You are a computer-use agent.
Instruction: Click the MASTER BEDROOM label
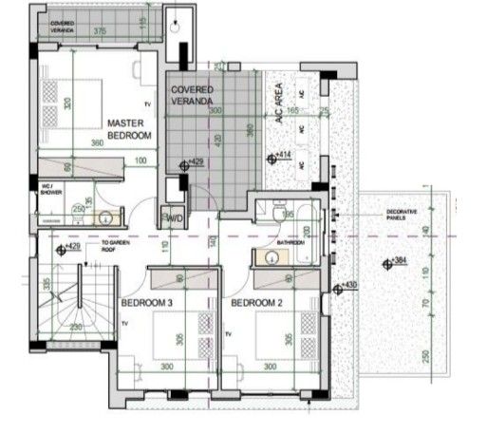[129, 129]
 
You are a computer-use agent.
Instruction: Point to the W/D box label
[174, 218]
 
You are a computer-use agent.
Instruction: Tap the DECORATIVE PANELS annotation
[402, 215]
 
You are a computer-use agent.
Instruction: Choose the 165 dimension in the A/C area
[292, 111]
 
